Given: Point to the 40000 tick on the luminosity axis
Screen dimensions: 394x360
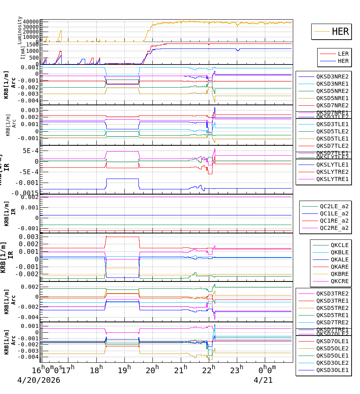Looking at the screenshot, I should (31, 22).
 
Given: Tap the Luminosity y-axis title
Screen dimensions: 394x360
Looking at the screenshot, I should (20, 30).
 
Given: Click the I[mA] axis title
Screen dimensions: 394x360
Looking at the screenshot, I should (23, 53).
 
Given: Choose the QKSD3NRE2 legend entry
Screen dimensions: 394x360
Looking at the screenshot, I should (332, 76).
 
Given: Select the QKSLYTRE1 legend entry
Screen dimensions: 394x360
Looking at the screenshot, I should (332, 179).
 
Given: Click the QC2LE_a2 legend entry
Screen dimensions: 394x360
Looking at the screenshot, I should (334, 206).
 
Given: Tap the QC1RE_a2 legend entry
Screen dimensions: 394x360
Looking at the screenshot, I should (334, 221).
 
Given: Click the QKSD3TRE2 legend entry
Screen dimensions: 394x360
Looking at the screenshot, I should (332, 293).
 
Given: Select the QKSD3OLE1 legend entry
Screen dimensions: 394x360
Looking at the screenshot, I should (332, 370).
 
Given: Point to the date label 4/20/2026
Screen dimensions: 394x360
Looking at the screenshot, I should (39, 380).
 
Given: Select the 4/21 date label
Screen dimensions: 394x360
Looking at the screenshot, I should (263, 380).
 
